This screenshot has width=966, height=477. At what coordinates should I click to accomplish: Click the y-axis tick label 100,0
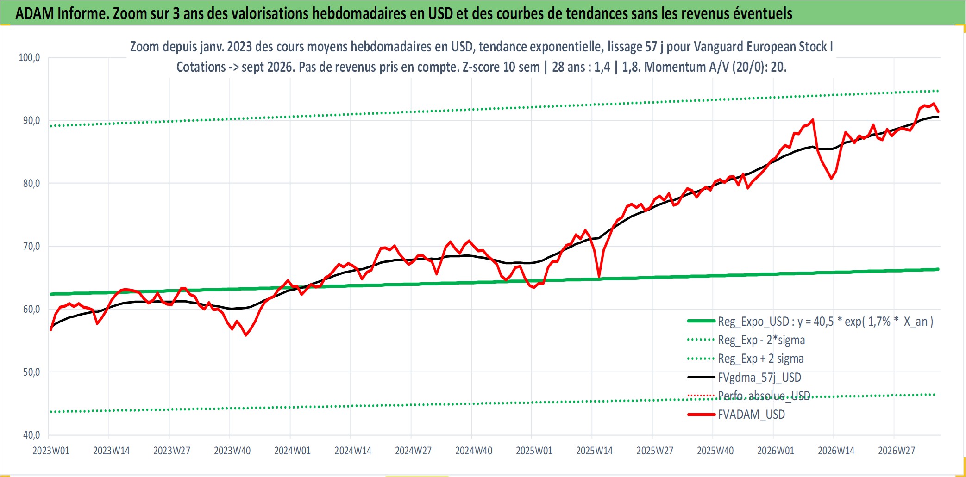(29, 58)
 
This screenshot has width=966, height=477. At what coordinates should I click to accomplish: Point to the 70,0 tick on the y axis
(31, 246)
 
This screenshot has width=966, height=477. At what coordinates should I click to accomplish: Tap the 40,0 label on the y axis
(31, 435)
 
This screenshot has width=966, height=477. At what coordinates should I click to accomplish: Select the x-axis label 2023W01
(51, 451)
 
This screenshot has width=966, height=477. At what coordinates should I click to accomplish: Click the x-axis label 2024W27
(413, 451)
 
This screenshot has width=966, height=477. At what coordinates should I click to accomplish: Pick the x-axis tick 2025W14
(594, 451)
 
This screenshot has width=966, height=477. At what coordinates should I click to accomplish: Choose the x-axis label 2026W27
(897, 451)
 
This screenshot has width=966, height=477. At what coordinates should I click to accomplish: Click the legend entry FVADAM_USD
(751, 415)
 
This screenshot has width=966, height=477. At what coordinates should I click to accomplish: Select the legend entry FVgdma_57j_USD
(759, 378)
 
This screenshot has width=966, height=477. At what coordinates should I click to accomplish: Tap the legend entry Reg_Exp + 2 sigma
(761, 359)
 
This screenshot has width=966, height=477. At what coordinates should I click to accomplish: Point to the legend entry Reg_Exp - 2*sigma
(761, 340)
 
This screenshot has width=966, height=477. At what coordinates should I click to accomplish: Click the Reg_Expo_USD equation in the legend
(826, 322)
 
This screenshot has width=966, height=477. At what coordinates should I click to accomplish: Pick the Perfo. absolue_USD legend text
(764, 396)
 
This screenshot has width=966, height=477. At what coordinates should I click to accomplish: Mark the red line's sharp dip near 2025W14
(599, 277)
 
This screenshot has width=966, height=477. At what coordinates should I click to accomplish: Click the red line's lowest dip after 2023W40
(246, 335)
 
